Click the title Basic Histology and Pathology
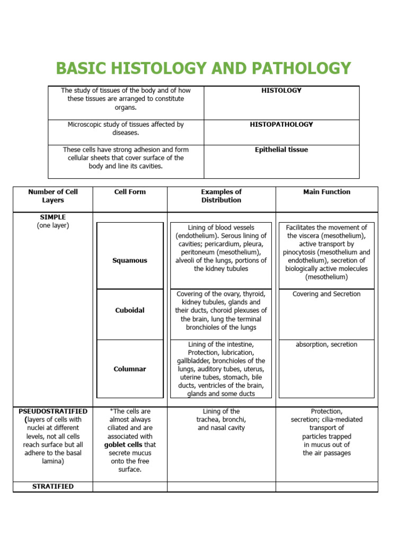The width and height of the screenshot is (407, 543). coord(203,68)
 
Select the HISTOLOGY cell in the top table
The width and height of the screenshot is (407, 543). coord(281,91)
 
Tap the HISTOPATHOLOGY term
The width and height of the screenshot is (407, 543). coord(281,125)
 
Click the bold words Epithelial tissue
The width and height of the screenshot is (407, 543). coord(281,150)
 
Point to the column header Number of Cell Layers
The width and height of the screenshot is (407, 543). coord(53,196)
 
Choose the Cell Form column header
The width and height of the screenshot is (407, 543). coord(130,192)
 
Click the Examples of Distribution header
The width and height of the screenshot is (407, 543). coord(221,196)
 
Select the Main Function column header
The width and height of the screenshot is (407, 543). coord(326,192)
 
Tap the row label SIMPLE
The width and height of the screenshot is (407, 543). coord(53,217)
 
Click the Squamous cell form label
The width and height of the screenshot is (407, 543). coord(130,260)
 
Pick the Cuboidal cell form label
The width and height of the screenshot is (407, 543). coord(130,311)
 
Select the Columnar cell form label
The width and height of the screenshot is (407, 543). coord(130,369)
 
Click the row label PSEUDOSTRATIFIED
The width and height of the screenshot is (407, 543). coord(53,411)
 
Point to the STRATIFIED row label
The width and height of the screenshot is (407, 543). coord(53,486)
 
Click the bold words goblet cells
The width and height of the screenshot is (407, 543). coord(123,445)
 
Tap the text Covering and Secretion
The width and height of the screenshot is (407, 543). coord(326,294)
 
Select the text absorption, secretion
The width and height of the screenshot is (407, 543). coord(326,345)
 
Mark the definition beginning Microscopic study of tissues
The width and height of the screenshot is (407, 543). coord(126,129)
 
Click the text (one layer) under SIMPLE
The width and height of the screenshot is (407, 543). coord(53,226)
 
